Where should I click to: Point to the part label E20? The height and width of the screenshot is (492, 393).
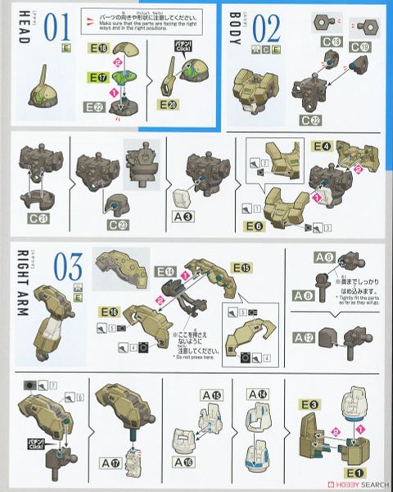[x=169, y=106]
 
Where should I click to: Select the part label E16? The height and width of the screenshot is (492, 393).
[x=109, y=312]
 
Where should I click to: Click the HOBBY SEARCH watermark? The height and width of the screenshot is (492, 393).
[x=353, y=484]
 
